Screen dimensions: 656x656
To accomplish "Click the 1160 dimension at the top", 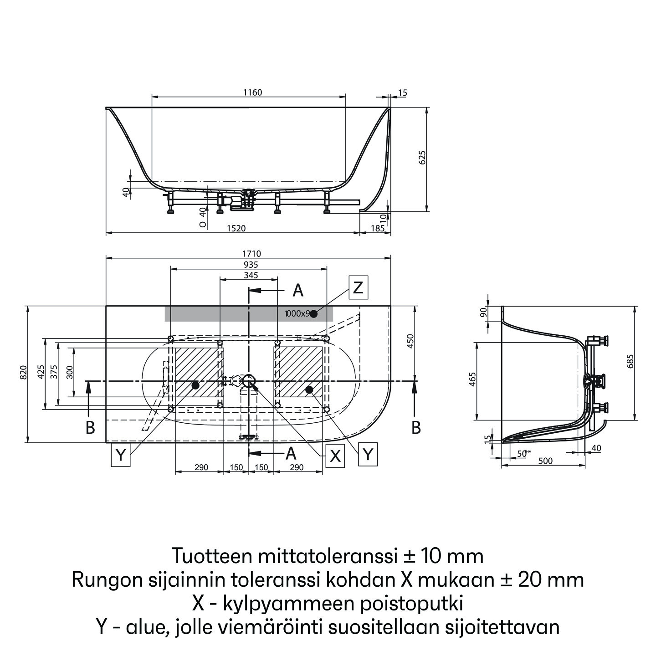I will click(252, 92).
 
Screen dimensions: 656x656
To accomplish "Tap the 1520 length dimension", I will click(236, 228).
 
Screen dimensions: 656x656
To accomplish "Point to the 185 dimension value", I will click(377, 228).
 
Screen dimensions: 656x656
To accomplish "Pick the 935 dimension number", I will click(251, 265).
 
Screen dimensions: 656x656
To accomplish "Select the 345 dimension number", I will click(251, 275).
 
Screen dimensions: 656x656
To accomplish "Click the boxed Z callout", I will click(358, 287).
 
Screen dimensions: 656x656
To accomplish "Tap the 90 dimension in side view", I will click(484, 313).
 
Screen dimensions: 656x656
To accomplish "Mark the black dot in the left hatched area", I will click(195, 385).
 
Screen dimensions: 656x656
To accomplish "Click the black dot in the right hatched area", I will click(310, 389).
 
